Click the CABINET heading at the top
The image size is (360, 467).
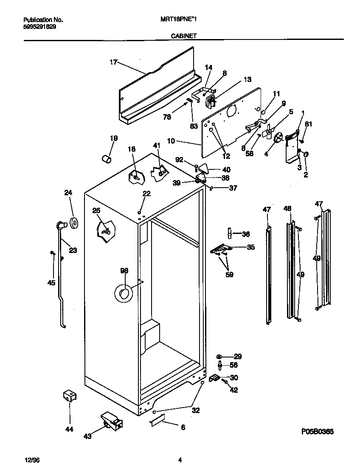tap(183, 37)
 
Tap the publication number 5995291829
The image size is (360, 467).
tap(39, 26)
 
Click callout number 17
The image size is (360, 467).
tap(113, 62)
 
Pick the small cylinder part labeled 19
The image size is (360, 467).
tap(107, 159)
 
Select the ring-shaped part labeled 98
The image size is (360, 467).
tap(124, 293)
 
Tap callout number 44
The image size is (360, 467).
tap(69, 429)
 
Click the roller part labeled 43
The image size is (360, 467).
tap(111, 421)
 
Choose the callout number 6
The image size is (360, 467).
tap(183, 428)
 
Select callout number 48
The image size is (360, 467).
tap(287, 208)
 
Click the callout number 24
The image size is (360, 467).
tap(68, 193)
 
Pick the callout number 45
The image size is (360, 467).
tap(51, 282)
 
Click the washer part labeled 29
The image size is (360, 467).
tap(220, 356)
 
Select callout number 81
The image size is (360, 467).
tap(309, 124)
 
